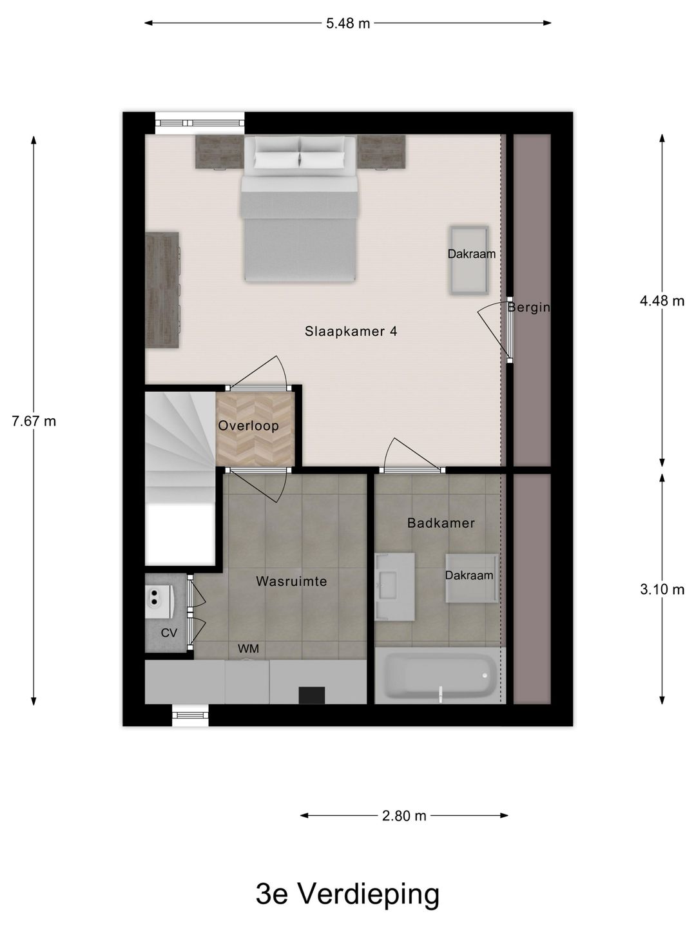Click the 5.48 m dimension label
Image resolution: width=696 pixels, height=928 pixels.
coord(348,24)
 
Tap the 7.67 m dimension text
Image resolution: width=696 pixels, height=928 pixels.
coord(34,421)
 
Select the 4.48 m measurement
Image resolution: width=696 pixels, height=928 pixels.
coord(662,300)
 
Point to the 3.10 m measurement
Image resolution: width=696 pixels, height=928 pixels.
coord(662,589)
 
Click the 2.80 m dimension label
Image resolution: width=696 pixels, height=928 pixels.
coord(404,816)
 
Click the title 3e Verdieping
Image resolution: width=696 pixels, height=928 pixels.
coord(348,894)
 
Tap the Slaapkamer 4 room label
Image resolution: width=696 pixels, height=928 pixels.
coord(351,331)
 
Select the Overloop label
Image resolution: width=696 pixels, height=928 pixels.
coord(248,426)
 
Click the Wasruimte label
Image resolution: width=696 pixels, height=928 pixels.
coord(291,581)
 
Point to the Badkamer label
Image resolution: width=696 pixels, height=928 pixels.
coord(441,523)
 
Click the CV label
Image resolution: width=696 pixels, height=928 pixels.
coord(169,633)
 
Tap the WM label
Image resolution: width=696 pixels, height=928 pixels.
coord(248,649)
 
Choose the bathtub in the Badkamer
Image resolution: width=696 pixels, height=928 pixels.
coord(438,677)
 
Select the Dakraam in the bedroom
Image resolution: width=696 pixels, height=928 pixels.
coord(470,259)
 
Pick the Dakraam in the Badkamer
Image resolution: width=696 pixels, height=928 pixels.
coord(470,578)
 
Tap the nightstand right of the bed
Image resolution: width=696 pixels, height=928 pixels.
coord(382,152)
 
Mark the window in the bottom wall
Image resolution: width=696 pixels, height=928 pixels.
coord(191,715)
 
